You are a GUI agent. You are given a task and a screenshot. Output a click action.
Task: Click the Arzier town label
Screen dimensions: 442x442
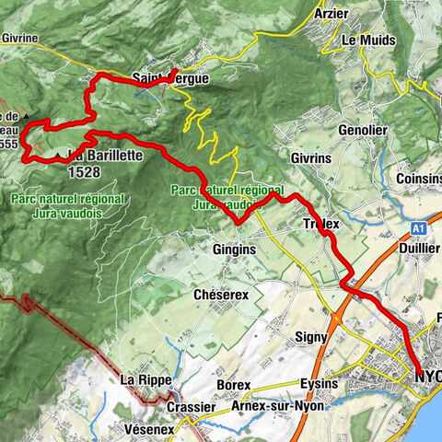coord(331,14)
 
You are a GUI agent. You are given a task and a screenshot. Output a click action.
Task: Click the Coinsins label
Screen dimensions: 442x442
coord(416,178)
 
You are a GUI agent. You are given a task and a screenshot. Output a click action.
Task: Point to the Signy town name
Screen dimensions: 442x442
coord(311,337)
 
